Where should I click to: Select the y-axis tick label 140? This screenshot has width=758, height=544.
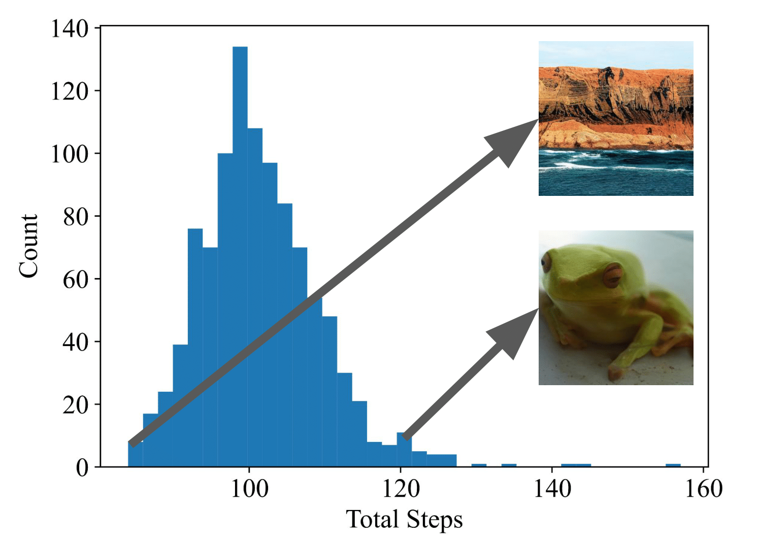(x=70, y=29)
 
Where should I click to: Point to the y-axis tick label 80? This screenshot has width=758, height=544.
(x=75, y=217)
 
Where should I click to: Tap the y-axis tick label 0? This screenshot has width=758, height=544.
(x=82, y=467)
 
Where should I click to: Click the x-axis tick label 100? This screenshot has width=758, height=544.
(x=249, y=489)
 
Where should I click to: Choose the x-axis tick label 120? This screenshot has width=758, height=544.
(x=401, y=489)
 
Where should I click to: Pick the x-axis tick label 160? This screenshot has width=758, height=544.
(x=704, y=489)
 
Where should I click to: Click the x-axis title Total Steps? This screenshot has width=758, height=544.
(x=404, y=520)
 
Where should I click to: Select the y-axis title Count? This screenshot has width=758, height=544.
(x=28, y=246)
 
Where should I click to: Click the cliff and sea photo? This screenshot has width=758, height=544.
(x=616, y=118)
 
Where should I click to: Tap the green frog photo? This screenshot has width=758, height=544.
(x=616, y=308)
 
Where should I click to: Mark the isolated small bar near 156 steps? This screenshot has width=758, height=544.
(x=673, y=465)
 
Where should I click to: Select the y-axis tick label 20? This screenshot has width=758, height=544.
(x=75, y=405)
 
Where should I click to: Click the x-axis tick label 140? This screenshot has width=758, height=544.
(x=552, y=489)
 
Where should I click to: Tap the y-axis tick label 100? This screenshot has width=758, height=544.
(x=70, y=154)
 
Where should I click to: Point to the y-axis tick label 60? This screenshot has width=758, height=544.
(x=75, y=280)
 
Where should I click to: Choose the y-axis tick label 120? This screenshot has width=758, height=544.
(x=70, y=92)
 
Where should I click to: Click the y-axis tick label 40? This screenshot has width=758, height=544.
(x=75, y=343)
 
